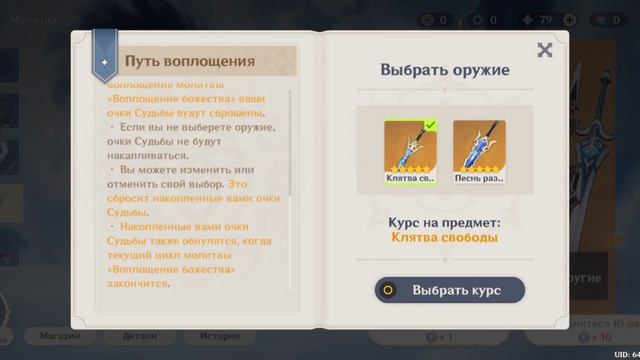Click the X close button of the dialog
pos(544,50)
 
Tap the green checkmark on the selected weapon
pos(430,125)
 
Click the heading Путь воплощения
pos(189,61)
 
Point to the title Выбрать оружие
pos(445,70)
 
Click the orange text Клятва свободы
pos(445,237)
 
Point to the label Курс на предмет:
pos(445,222)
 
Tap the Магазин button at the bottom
pos(61,336)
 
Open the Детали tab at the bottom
pos(140,336)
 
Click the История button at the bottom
pos(219,336)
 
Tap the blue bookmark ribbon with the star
pos(105,56)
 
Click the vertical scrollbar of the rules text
pos(291,190)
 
